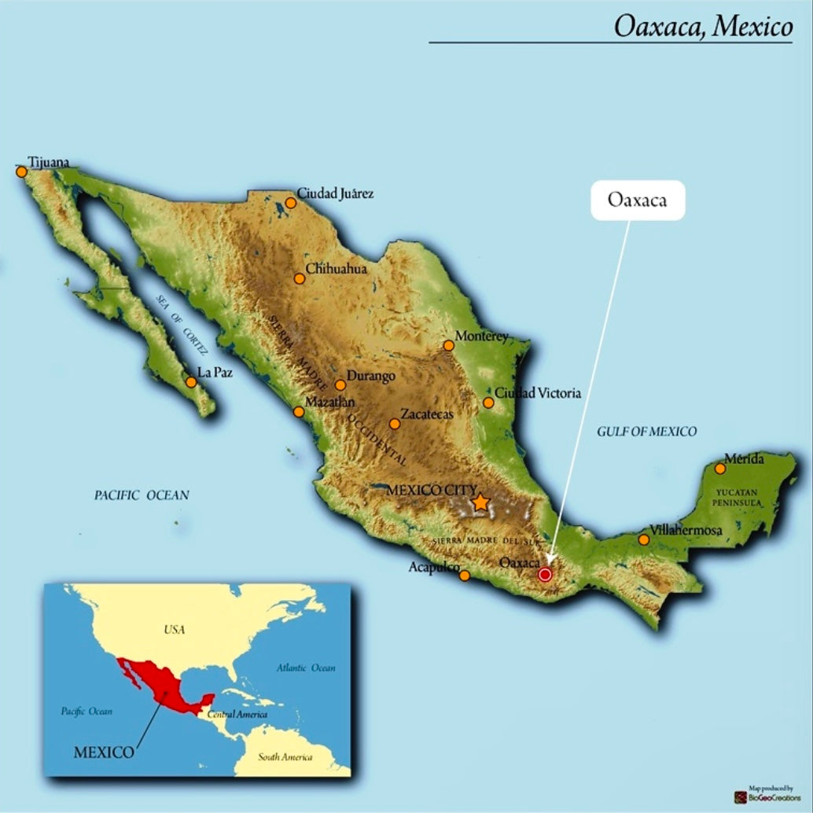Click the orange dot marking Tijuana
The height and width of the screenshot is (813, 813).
click(21, 171)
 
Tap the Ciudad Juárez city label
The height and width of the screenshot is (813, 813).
click(335, 193)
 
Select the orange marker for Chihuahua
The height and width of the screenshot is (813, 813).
click(299, 278)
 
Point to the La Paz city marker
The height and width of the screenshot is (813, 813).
click(190, 382)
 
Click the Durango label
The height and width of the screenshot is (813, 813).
click(371, 376)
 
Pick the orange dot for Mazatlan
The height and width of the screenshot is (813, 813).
click(299, 411)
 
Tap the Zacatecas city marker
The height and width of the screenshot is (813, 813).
click(395, 424)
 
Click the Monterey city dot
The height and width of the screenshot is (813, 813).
click(448, 345)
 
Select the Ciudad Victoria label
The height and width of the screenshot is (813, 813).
click(538, 393)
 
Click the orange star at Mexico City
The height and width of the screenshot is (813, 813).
click(480, 502)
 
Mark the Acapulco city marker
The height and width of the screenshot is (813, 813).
click(465, 576)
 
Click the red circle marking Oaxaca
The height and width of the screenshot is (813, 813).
click(545, 575)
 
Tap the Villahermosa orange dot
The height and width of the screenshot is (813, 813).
click(644, 539)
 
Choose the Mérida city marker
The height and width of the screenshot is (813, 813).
click(720, 469)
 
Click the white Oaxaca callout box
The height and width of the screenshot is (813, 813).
click(637, 200)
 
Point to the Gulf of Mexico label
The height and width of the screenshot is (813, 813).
click(646, 431)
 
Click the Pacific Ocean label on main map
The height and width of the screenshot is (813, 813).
click(142, 495)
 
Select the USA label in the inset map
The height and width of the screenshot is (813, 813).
click(174, 630)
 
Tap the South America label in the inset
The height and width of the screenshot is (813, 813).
click(285, 757)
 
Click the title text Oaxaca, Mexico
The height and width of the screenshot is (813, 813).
click(703, 27)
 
